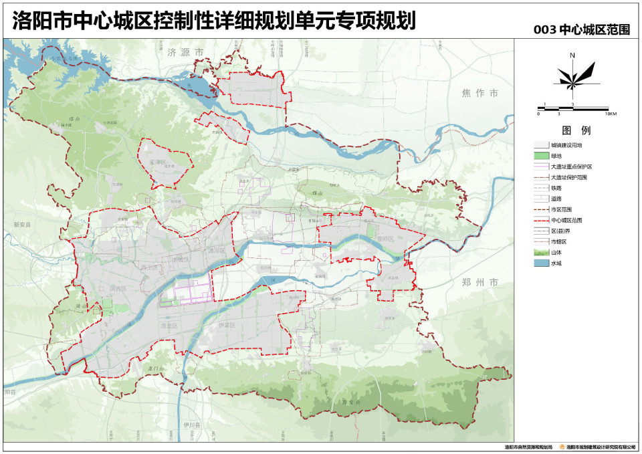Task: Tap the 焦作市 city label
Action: [x=479, y=93]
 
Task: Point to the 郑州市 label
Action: [x=479, y=283]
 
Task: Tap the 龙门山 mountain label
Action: [x=155, y=368]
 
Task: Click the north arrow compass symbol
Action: [x=572, y=76]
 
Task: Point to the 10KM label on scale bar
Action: [x=609, y=114]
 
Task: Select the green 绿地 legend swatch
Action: [x=540, y=156]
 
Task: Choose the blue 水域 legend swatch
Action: [x=540, y=263]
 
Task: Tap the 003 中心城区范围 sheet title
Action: [x=582, y=30]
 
